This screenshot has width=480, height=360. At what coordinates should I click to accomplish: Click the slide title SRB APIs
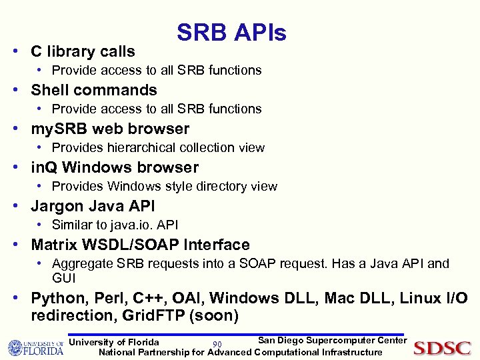231,33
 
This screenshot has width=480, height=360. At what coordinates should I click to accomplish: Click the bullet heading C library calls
83,51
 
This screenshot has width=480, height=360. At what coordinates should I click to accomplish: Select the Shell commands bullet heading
94,90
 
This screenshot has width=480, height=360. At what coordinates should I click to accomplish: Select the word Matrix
55,245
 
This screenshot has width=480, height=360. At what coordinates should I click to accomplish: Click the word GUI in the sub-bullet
64,277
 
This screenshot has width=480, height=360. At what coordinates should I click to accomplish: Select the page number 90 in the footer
217,344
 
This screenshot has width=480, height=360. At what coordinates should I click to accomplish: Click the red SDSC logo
442,348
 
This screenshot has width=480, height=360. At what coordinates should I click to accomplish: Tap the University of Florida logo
35,347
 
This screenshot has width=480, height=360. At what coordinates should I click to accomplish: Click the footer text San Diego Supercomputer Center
332,341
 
